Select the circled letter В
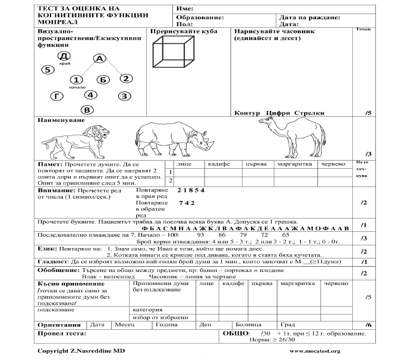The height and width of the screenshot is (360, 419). click(x=87, y=109)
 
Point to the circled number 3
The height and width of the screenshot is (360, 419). click(x=123, y=96)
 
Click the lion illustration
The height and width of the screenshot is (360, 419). click(x=76, y=142)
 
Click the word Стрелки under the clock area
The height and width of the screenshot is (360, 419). click(x=309, y=113)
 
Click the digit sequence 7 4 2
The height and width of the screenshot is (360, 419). click(x=186, y=202)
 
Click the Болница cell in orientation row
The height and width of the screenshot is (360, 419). click(x=247, y=324)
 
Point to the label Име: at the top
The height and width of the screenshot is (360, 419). click(x=185, y=9)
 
